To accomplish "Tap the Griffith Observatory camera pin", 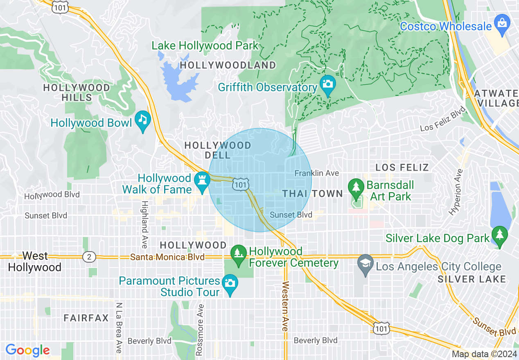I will click(327, 84).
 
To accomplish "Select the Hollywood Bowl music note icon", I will click(142, 120).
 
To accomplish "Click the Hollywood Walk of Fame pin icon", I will click(201, 180).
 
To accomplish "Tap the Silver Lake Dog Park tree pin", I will click(499, 235).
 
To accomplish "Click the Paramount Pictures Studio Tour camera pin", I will click(230, 283).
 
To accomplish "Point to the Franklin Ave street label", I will click(317, 173).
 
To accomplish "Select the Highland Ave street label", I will click(144, 224).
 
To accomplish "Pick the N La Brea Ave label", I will click(119, 327).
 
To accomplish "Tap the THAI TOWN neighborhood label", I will click(312, 194).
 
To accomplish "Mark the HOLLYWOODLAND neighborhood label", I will click(228, 65).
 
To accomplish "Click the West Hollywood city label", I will click(35, 262).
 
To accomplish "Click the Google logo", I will click(27, 350).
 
